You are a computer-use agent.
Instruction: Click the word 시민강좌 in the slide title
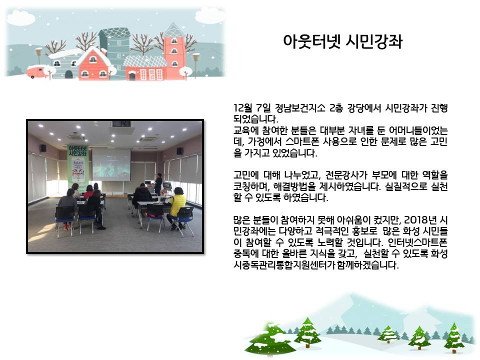pos(374,41)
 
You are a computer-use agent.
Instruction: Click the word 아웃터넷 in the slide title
pos(311,41)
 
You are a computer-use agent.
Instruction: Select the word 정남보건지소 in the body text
pos(299,108)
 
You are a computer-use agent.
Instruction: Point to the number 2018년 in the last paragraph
pos(419,220)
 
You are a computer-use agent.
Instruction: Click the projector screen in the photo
pos(111,164)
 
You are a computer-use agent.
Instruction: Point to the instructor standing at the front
pos(158,183)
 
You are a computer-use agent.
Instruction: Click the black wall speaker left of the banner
pos(43,148)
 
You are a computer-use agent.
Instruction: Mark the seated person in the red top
pos(88,191)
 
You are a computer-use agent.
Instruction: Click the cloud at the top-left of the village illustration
pos(20,17)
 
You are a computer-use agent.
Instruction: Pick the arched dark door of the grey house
pos(68,74)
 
